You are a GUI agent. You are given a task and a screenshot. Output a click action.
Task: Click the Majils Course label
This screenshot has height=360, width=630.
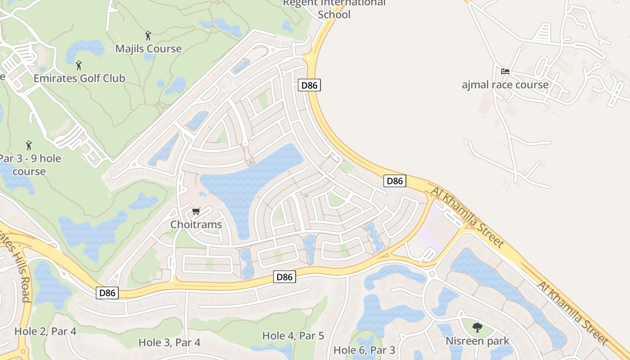(x=148, y=49)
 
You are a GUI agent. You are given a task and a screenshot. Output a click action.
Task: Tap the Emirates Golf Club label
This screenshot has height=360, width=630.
(x=79, y=78)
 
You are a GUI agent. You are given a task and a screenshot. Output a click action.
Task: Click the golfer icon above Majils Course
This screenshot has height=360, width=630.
(x=148, y=35)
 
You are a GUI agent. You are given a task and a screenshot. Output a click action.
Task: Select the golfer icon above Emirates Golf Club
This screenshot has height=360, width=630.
(x=79, y=65)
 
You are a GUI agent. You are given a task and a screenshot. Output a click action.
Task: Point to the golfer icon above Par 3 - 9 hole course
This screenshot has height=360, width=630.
(x=29, y=145)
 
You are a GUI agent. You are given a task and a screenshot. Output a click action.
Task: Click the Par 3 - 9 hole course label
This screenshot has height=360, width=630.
(x=30, y=165)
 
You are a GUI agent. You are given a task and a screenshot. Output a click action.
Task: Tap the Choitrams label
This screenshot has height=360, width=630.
(x=196, y=224)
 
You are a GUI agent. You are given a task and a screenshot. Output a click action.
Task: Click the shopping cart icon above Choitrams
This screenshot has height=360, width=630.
(x=196, y=211)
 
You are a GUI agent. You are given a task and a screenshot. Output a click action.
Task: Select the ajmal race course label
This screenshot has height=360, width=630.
(x=505, y=85)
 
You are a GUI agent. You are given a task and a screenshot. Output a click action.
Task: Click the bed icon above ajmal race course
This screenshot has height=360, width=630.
(x=505, y=71)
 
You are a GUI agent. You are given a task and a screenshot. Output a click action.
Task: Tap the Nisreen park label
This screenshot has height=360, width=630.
(x=477, y=341)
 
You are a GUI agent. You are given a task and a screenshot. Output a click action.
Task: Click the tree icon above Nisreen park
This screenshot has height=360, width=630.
(x=477, y=327)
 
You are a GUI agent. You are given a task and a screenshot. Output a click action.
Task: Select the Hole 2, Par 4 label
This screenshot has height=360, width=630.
(x=45, y=332)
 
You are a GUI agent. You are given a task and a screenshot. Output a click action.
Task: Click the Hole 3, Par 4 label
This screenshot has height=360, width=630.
(x=169, y=342)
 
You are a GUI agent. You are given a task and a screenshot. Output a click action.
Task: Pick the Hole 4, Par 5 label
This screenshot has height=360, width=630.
(x=293, y=336)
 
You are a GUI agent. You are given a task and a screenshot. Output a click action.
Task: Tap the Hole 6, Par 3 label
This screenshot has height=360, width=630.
(x=364, y=350)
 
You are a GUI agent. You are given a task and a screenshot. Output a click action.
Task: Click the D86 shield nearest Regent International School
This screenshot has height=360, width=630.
(x=309, y=85)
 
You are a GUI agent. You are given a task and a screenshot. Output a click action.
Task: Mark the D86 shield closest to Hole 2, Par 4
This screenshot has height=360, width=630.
(x=108, y=293)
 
